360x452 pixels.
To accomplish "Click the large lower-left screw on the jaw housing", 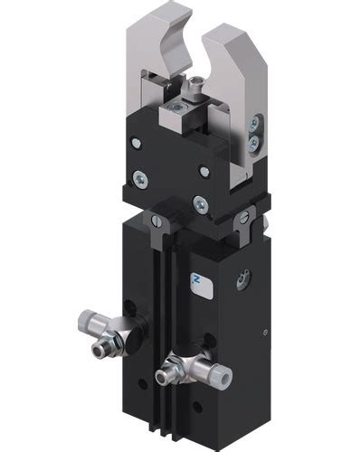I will point(141,177).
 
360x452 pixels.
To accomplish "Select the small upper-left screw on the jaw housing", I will point(135,142).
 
